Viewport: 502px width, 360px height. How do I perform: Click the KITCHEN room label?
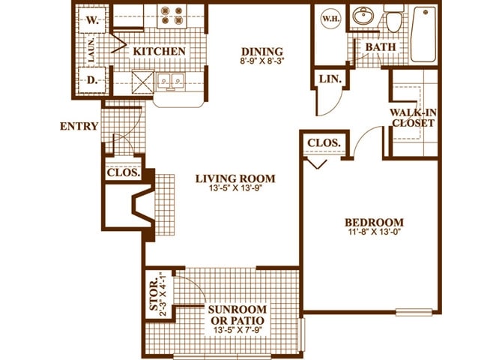pyautogui.click(x=159, y=51)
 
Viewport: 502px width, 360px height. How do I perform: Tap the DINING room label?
pyautogui.click(x=262, y=51)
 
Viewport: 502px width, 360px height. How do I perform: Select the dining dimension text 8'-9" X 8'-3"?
pyautogui.click(x=262, y=61)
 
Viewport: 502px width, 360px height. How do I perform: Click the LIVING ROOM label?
pyautogui.click(x=235, y=178)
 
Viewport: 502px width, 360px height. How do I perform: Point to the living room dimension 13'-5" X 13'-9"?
pyautogui.click(x=235, y=189)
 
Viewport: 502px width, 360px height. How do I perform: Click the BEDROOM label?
pyautogui.click(x=374, y=222)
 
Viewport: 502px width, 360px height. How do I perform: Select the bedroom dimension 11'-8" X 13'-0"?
pyautogui.click(x=374, y=232)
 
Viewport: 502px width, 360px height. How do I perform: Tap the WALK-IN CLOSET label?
pyautogui.click(x=413, y=118)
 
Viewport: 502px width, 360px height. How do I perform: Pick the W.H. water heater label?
pyautogui.click(x=330, y=18)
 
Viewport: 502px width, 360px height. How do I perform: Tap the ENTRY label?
pyautogui.click(x=79, y=126)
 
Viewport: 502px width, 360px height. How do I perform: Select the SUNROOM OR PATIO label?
pyautogui.click(x=237, y=316)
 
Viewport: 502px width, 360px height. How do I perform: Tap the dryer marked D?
pyautogui.click(x=91, y=79)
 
